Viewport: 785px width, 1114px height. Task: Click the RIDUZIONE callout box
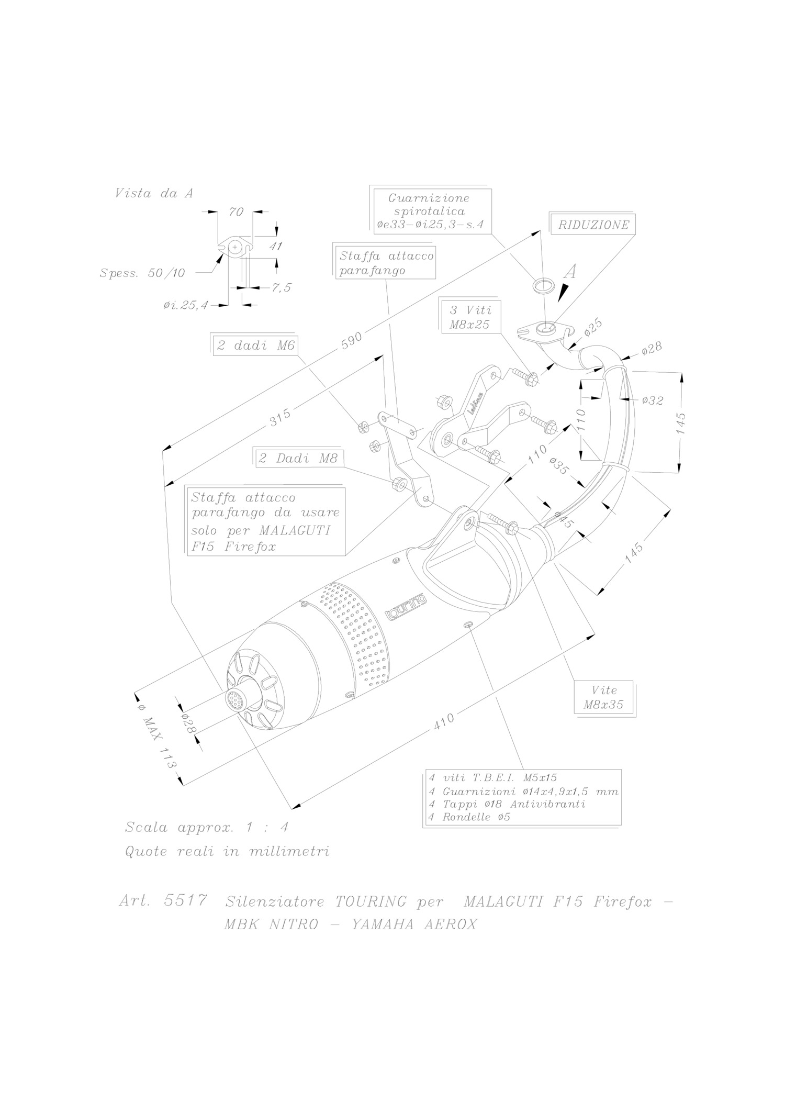[x=593, y=225]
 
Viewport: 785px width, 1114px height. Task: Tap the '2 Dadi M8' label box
[x=298, y=459]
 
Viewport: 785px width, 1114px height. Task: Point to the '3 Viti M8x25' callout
[x=471, y=317]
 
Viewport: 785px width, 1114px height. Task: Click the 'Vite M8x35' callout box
[x=603, y=697]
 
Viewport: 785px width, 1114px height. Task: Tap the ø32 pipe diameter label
[x=653, y=400]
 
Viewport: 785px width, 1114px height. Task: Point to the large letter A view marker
[x=571, y=272]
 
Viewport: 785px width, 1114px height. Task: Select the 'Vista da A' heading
[x=154, y=193]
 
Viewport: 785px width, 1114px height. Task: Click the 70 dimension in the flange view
[x=236, y=211]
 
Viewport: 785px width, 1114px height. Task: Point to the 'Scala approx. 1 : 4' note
[x=207, y=828]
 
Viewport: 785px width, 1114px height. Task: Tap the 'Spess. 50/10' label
[x=142, y=273]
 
